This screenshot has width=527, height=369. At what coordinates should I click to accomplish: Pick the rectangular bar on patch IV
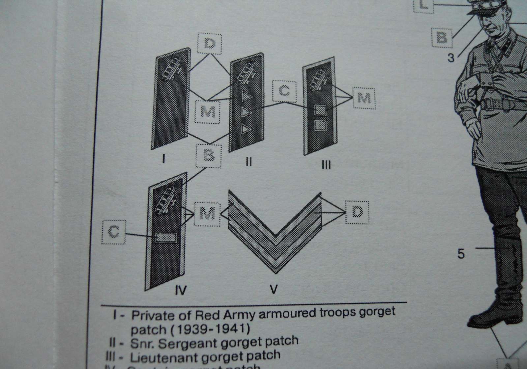[x=166, y=236]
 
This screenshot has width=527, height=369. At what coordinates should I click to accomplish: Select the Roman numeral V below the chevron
[x=273, y=290]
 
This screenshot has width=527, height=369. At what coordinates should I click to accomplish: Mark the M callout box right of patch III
[x=364, y=98]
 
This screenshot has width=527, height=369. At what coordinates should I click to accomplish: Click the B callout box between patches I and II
[x=208, y=155]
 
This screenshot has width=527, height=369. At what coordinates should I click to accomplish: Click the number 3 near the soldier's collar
[x=451, y=58]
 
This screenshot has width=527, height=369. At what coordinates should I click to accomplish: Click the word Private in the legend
[x=150, y=315]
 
